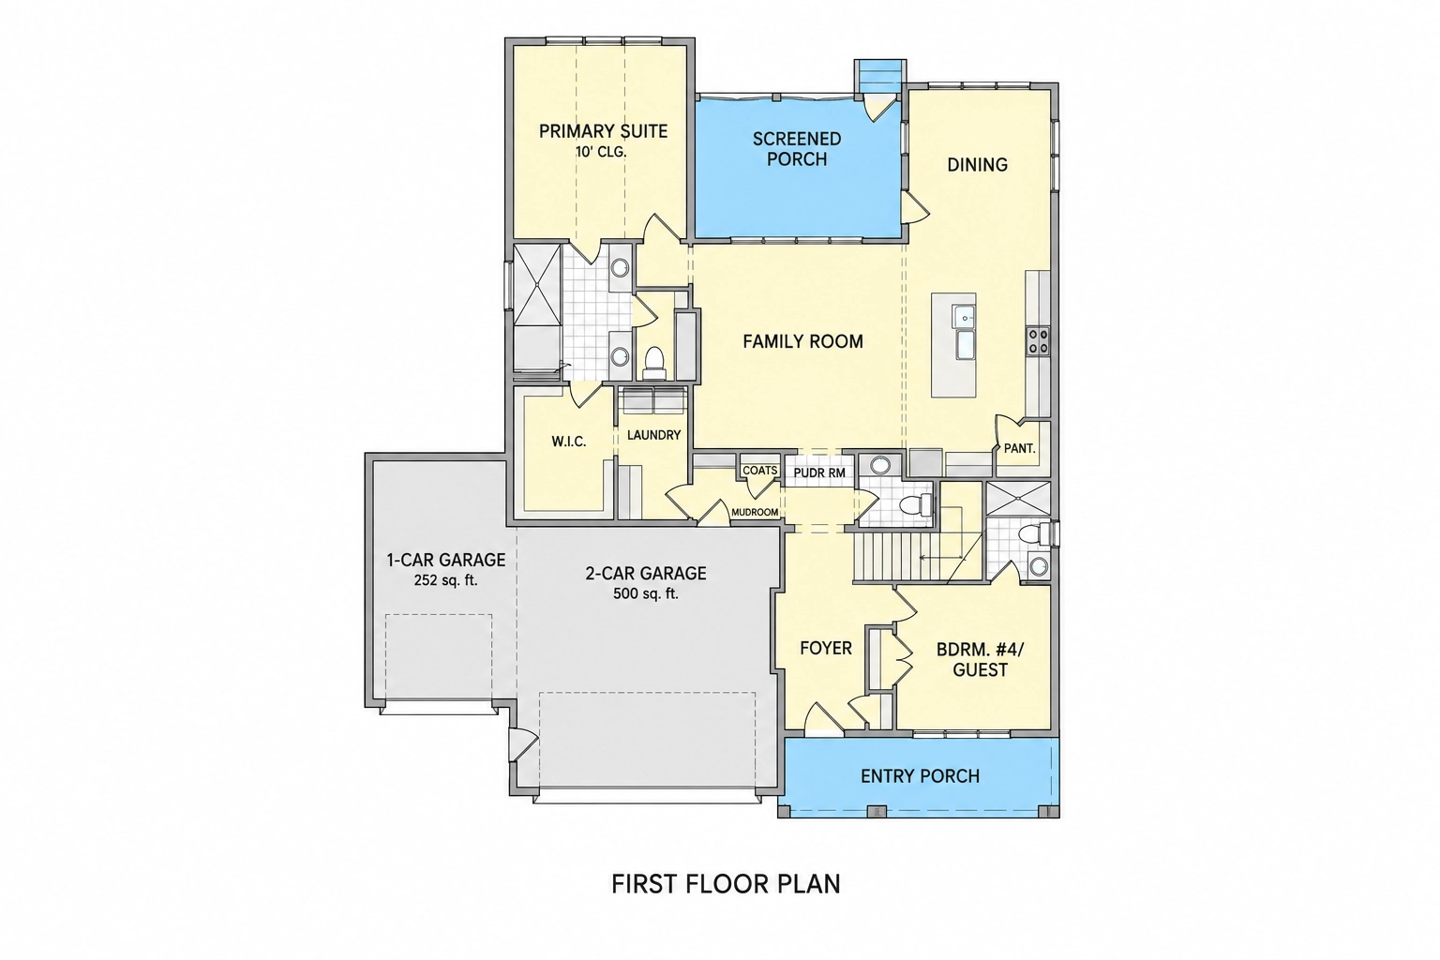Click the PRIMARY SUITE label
click(x=603, y=131)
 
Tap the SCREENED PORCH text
click(x=797, y=148)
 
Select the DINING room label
click(x=977, y=165)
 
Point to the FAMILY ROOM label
click(x=802, y=341)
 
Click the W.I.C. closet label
click(x=569, y=442)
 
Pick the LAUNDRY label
click(x=653, y=435)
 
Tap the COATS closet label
click(x=760, y=471)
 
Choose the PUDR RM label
click(x=819, y=473)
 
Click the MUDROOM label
click(x=755, y=513)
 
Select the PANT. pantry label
click(x=1020, y=449)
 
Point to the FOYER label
click(x=826, y=648)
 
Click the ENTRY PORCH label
click(x=920, y=776)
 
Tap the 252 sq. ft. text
click(x=445, y=580)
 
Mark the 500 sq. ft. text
click(x=645, y=593)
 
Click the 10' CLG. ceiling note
click(x=601, y=153)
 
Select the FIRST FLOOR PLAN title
click(x=726, y=884)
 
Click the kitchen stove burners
click(x=1038, y=341)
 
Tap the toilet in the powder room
click(x=917, y=504)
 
